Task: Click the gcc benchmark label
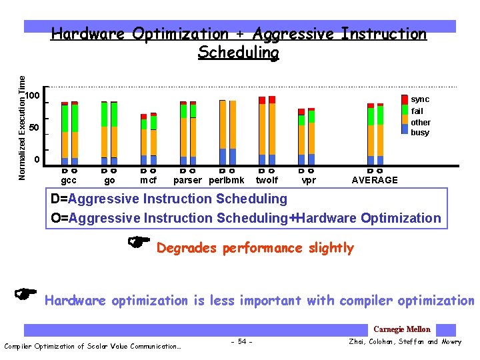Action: (69, 180)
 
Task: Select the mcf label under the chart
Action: (148, 180)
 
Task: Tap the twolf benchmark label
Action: (267, 180)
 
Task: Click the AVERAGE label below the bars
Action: (375, 180)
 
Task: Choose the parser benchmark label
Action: (187, 180)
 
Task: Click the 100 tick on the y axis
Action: (32, 97)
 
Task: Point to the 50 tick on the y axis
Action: (35, 127)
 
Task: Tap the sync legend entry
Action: (420, 99)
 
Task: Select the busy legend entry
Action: (420, 133)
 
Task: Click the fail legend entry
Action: (417, 111)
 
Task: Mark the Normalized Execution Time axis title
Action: (22, 127)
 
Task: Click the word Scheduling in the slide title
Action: (238, 52)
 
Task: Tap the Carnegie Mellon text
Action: (401, 329)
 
